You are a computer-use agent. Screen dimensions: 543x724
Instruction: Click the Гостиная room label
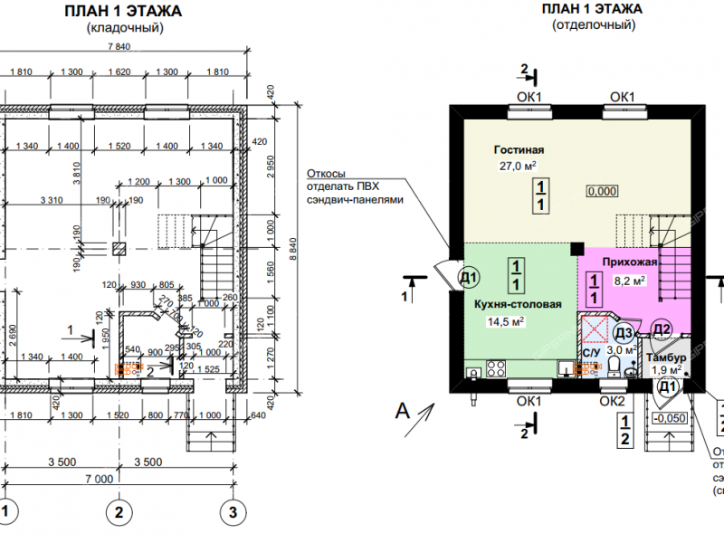coord(519,149)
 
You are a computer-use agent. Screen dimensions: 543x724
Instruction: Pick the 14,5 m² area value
coord(508,320)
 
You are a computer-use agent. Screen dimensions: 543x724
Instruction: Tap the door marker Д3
coord(624,332)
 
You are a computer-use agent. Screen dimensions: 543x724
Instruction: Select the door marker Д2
coord(662,329)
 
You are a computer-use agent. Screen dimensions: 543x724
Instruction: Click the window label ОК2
coord(613,401)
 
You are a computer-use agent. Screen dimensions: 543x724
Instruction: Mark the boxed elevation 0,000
coord(602,191)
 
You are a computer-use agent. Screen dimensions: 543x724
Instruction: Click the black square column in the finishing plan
coord(576,245)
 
